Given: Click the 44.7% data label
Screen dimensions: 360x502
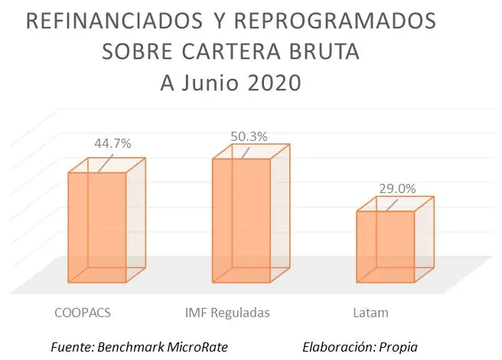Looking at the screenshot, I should [x=112, y=143].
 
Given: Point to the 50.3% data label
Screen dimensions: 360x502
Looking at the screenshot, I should [x=249, y=136].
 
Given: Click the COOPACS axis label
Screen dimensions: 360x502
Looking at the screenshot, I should [x=79, y=313].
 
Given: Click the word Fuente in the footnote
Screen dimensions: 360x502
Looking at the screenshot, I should [x=72, y=347].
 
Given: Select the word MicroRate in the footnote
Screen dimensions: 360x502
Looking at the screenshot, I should [x=194, y=347].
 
